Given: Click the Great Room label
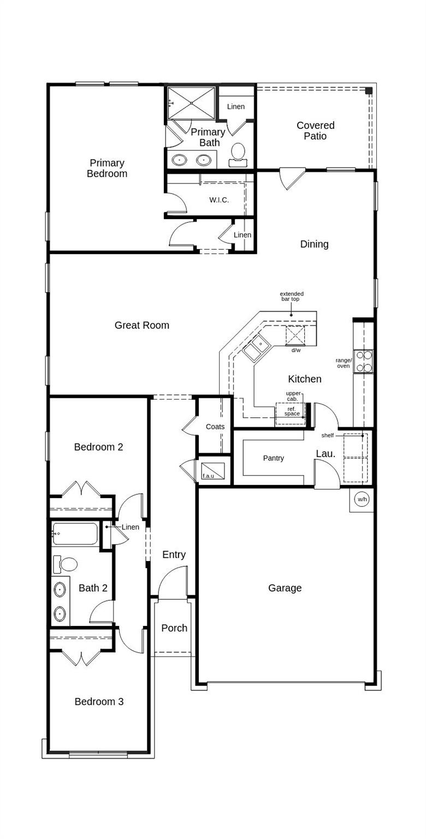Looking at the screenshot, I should (x=141, y=326).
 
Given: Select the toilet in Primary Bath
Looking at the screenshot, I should (x=238, y=153).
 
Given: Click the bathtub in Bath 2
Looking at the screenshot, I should (x=75, y=534).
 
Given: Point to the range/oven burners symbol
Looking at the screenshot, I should (x=364, y=361).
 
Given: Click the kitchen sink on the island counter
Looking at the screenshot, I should (x=256, y=348).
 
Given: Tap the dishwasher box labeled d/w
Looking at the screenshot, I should (x=295, y=335).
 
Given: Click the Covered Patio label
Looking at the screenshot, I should (x=315, y=131).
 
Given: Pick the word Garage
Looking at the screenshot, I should (x=285, y=588).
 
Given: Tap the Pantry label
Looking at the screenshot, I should (x=273, y=458).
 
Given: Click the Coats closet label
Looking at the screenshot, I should (x=215, y=427).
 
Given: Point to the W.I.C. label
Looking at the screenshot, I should (x=219, y=200).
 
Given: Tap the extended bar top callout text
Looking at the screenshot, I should (x=292, y=297).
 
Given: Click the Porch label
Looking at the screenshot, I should (x=174, y=628).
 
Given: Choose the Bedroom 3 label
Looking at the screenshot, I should (x=99, y=702).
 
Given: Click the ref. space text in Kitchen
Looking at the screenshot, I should (x=292, y=411).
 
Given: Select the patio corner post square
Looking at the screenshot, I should (x=369, y=90).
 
